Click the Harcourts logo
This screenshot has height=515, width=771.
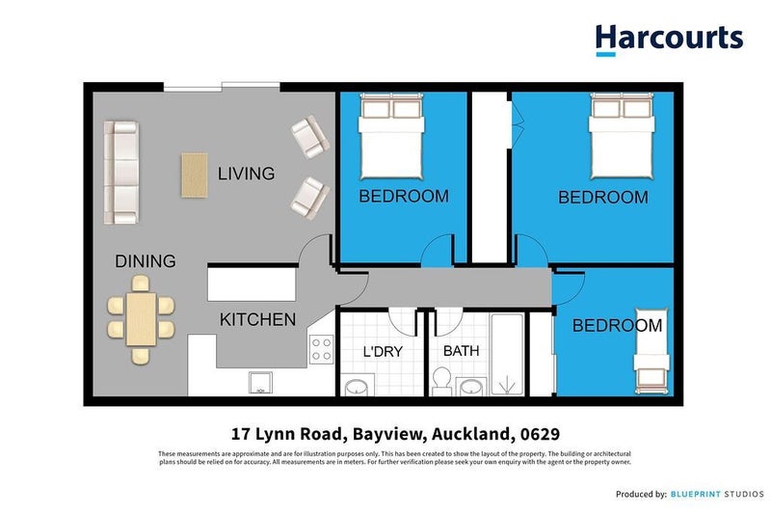pos(669,39)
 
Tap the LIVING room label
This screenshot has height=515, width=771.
pos(246,174)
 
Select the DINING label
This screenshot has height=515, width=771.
pos(146,261)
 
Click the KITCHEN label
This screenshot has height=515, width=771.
pos(257,319)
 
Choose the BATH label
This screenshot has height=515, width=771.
pos(461,350)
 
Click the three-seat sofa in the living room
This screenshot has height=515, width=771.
pos(121,171)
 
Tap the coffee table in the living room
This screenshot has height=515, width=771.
pos(194,175)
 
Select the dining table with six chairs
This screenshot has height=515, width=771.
pos(141,318)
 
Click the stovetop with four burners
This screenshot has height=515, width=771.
pos(321,349)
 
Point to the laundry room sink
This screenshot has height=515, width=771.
pos(356,387)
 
